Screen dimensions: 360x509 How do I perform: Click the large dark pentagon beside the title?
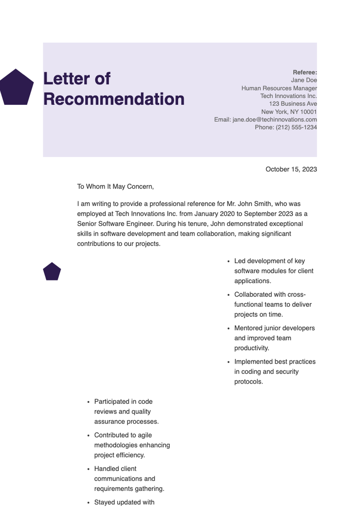point(16,88)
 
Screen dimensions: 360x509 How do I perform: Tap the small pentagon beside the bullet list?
point(52,272)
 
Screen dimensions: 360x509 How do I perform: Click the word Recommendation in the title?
point(114,99)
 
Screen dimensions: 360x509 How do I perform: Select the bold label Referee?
point(305,72)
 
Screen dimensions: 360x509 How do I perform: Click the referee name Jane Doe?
point(304,80)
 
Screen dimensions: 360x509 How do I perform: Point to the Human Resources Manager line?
point(279,88)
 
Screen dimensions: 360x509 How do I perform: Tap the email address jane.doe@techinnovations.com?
point(274,119)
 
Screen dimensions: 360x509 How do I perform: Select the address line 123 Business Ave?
point(293,104)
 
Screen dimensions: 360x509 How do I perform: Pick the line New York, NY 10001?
point(289,112)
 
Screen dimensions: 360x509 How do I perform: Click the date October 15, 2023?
point(291,169)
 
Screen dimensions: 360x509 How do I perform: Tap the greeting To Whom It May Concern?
point(115,187)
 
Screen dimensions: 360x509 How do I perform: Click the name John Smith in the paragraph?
point(255,204)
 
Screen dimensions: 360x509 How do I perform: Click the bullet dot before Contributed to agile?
point(88,435)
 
